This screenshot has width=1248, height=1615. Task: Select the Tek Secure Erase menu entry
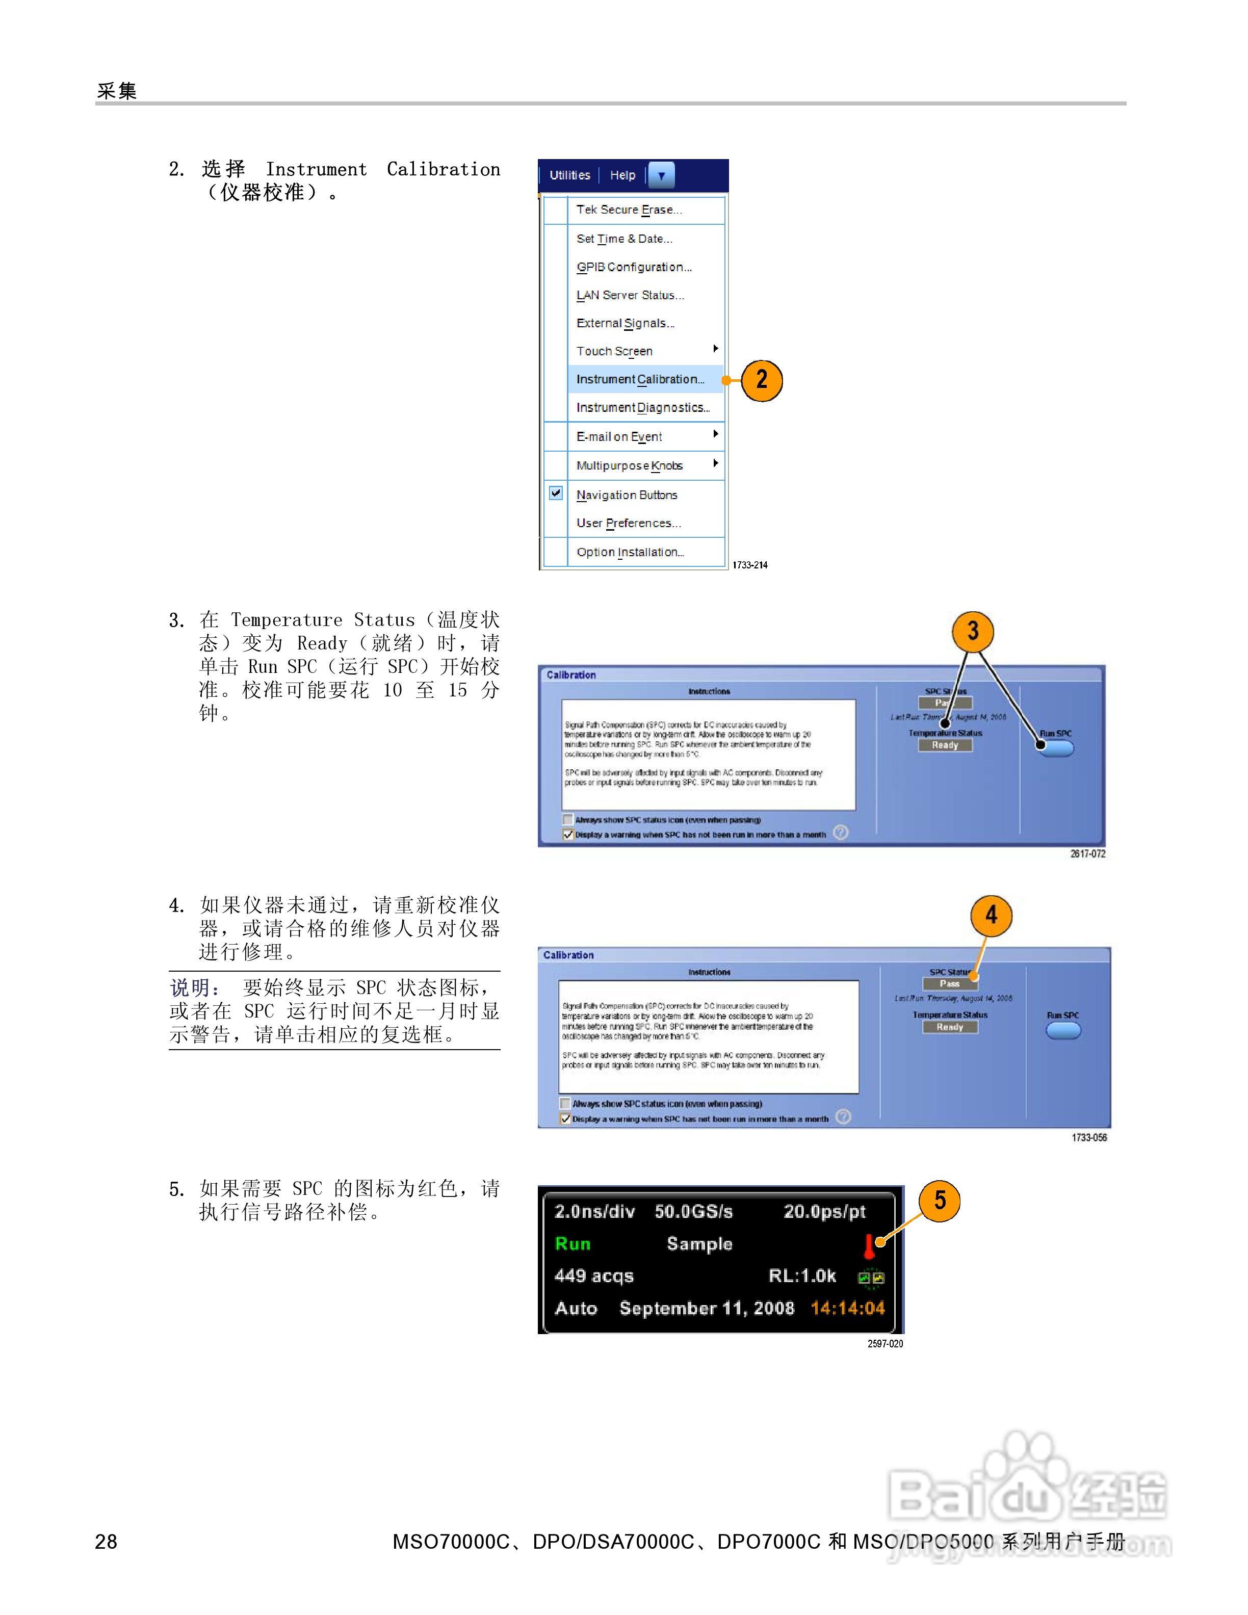click(629, 210)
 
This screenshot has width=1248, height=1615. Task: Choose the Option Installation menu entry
click(630, 553)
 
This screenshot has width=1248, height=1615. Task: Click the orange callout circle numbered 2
click(762, 381)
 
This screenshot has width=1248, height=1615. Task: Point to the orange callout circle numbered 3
click(972, 631)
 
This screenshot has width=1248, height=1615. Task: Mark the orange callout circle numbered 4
click(991, 916)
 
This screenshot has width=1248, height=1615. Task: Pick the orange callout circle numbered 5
click(939, 1201)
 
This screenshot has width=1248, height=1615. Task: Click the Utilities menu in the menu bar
click(569, 175)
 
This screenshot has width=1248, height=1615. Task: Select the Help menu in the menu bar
click(622, 175)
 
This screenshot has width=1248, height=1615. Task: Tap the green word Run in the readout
click(573, 1244)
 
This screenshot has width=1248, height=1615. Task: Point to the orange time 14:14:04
click(847, 1308)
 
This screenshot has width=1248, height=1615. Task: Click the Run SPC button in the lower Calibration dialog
click(1063, 1030)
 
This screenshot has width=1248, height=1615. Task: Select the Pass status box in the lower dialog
click(950, 983)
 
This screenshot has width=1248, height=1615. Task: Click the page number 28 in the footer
click(106, 1541)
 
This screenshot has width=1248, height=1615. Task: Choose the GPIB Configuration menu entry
click(634, 267)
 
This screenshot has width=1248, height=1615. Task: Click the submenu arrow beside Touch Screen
click(715, 348)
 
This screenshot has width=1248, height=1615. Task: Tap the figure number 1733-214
click(750, 565)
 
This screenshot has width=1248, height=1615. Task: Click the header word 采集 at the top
click(117, 91)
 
